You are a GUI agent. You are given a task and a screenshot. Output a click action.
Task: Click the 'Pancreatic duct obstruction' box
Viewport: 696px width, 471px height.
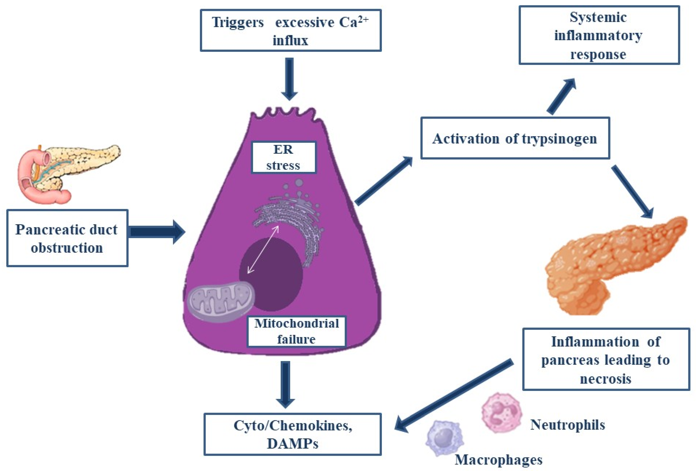67,238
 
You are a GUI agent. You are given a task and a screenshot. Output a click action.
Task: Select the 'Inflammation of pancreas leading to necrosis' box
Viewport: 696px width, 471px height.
606,359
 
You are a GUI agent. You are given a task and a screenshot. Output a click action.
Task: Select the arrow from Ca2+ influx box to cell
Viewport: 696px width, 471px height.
290,78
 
